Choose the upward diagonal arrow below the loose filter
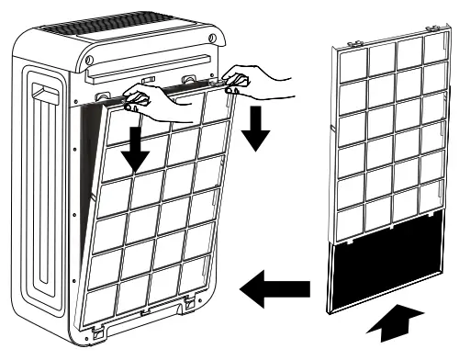(392, 323)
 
